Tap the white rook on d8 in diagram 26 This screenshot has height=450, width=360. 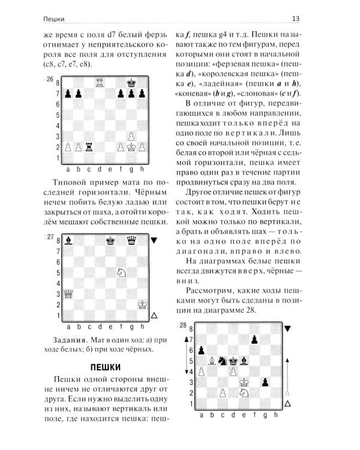pyautogui.click(x=100, y=82)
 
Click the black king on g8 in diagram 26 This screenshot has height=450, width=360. pyautogui.click(x=133, y=82)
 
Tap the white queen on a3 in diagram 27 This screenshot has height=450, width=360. pyautogui.click(x=67, y=293)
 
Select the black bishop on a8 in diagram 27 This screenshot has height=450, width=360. pyautogui.click(x=67, y=239)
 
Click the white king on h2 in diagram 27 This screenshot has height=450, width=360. pyautogui.click(x=143, y=305)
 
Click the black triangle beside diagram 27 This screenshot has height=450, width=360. pyautogui.click(x=154, y=240)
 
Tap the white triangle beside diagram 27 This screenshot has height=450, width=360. pyautogui.click(x=154, y=315)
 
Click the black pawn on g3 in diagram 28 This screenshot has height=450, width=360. pyautogui.click(x=266, y=382)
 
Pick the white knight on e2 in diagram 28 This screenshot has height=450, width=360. pyautogui.click(x=244, y=392)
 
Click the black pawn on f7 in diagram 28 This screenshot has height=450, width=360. pyautogui.click(x=255, y=340)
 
